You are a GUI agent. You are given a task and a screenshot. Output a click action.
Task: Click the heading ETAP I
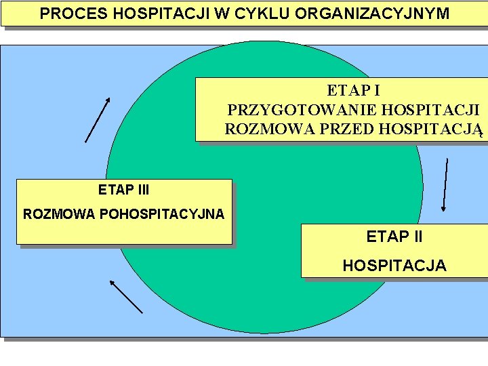[x=353, y=90]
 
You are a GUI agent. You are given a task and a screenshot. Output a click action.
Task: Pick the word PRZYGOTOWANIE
[x=302, y=109]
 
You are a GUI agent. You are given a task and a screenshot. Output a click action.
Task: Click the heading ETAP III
[x=123, y=190]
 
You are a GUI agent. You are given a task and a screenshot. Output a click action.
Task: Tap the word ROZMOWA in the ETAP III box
[x=60, y=214]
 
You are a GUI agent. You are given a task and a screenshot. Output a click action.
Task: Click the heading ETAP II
[x=394, y=237]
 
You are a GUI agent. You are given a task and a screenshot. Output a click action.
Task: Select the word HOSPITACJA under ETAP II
[x=394, y=266]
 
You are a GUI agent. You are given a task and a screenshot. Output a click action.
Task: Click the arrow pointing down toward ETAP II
[x=445, y=185]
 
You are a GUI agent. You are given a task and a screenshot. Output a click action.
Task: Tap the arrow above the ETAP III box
[x=97, y=120]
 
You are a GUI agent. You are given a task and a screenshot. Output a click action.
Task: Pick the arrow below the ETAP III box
[x=125, y=296]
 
